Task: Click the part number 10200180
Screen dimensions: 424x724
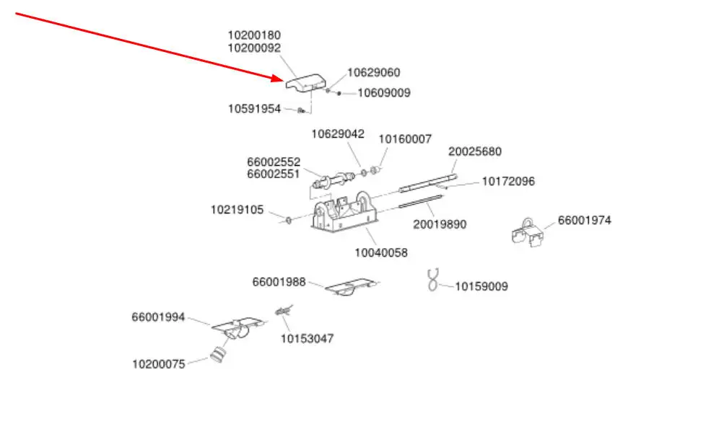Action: (254, 35)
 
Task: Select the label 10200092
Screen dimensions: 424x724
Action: (254, 48)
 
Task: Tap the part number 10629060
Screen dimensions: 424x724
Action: (373, 72)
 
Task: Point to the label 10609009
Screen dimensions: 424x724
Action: (384, 92)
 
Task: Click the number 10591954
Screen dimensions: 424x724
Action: (254, 109)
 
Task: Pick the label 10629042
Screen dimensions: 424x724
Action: (338, 133)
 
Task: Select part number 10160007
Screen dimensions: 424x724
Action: (405, 138)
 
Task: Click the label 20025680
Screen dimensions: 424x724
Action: (474, 151)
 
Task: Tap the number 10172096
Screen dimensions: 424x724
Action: (508, 182)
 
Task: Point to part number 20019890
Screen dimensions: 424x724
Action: (440, 224)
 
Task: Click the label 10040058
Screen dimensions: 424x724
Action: (380, 252)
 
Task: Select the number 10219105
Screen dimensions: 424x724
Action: (237, 210)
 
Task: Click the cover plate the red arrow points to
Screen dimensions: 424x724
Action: (305, 82)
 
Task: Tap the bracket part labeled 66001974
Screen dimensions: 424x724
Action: (527, 234)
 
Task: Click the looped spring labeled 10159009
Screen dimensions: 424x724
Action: (433, 280)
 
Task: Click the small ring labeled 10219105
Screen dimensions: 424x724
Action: (287, 218)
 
